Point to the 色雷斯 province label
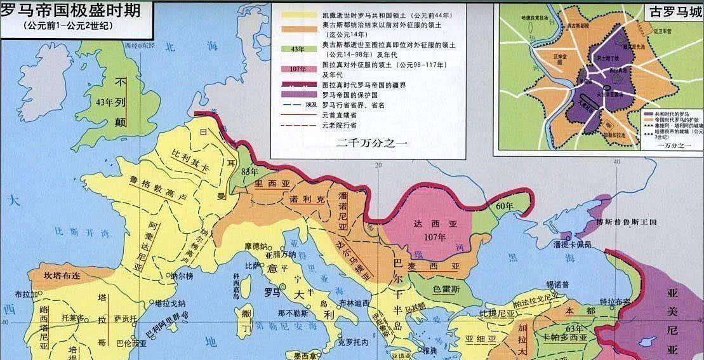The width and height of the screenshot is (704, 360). (x=446, y=288)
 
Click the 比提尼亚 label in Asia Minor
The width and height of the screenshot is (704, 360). (x=496, y=314)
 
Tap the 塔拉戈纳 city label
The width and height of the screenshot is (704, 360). (x=152, y=303)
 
